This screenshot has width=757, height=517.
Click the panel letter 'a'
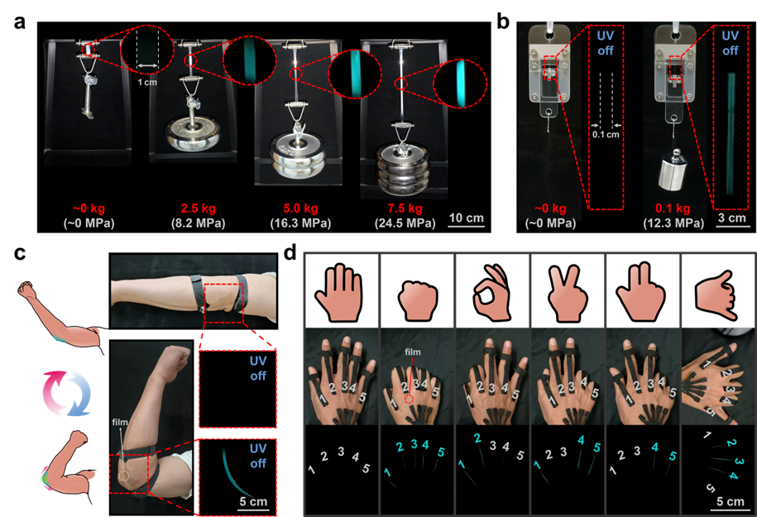pos(19,22)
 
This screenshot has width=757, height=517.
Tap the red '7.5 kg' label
pos(405,208)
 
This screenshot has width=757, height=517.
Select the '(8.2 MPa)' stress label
pos(198,223)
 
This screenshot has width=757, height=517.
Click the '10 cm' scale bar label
pos(467,218)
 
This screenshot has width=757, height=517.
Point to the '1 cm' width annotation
pos(147,82)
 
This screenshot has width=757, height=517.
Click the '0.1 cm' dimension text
pos(606,134)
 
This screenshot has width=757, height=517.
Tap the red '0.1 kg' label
pos(673,208)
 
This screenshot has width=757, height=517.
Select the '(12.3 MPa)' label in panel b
pos(673,223)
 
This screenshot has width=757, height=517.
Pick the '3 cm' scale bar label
pos(732,218)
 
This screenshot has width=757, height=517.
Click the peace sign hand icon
pos(568,293)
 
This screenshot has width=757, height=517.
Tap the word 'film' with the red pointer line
pos(412,352)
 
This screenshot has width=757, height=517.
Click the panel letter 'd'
pos(290,252)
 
